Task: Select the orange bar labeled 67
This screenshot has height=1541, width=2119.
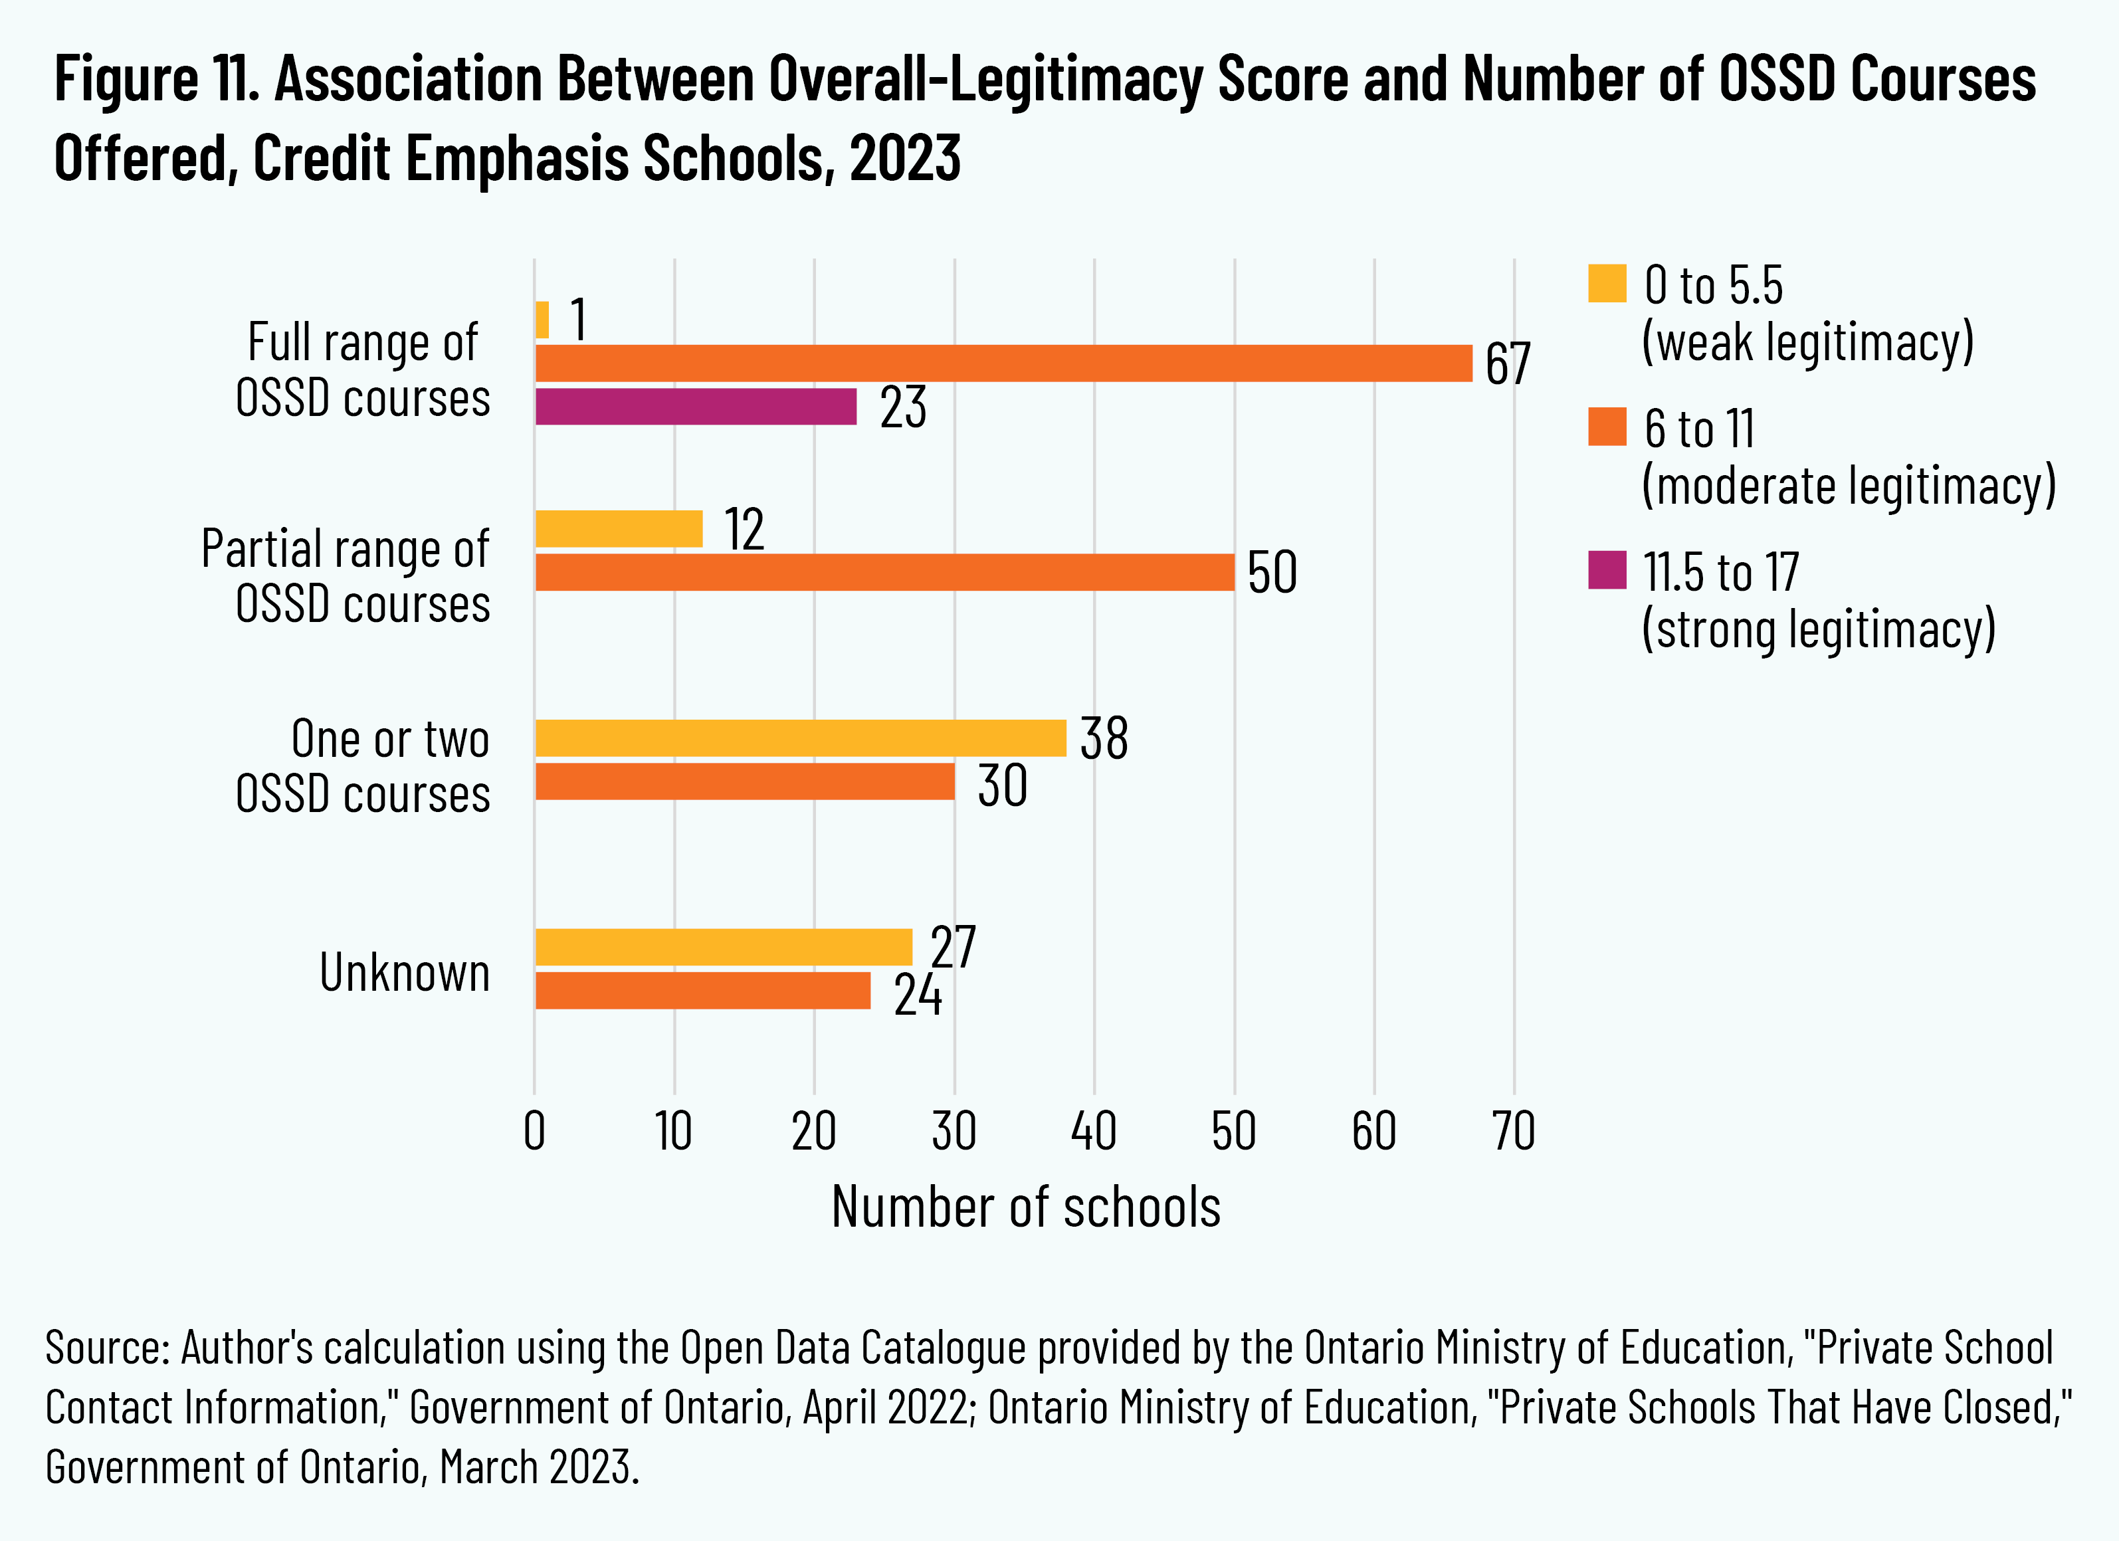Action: (x=1003, y=363)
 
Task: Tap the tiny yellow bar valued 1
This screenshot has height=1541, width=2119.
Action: (x=542, y=320)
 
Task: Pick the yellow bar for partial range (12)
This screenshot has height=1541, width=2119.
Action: (x=619, y=529)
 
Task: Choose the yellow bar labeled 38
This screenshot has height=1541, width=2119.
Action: (x=801, y=738)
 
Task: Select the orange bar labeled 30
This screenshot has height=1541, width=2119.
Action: (x=745, y=782)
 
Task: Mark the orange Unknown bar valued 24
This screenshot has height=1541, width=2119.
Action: (x=702, y=991)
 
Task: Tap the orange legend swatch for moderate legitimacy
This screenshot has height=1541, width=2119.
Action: (x=1607, y=427)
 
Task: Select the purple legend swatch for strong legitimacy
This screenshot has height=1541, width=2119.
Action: (x=1607, y=570)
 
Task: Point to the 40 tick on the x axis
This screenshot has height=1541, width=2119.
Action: (x=1094, y=1132)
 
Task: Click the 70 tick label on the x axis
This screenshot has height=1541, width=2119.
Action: (x=1514, y=1132)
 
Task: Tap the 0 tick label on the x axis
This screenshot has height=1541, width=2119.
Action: (x=534, y=1132)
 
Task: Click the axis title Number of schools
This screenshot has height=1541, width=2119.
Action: (x=1026, y=1207)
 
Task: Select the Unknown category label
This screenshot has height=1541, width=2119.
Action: (x=405, y=972)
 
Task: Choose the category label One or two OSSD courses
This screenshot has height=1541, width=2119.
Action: (x=363, y=766)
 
